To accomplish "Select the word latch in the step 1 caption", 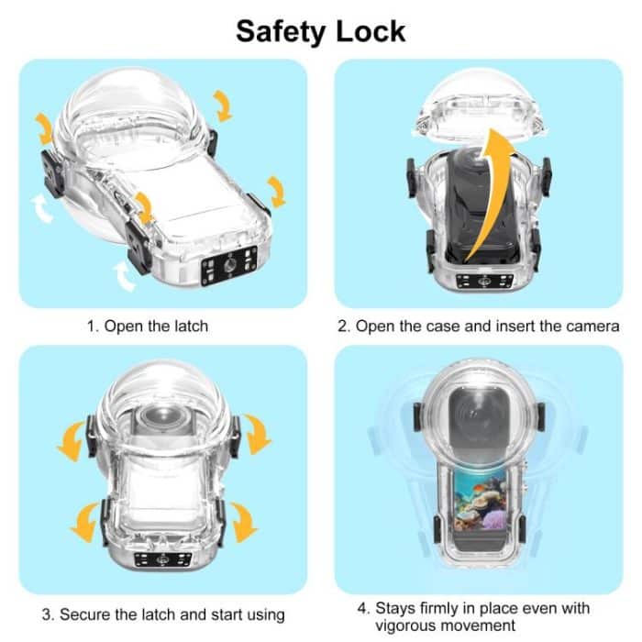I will click(189, 326).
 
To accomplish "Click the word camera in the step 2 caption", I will click(593, 326).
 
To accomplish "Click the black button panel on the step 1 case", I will click(227, 270).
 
